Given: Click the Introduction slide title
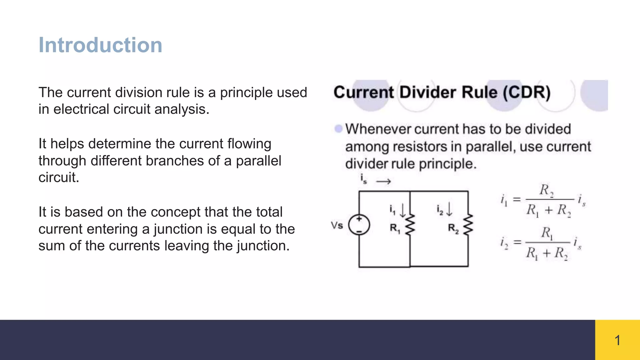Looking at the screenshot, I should [x=100, y=45].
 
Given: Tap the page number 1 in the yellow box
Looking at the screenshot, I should [x=617, y=340].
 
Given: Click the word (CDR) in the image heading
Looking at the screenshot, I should [x=527, y=92].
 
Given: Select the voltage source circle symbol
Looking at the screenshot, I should [x=359, y=225].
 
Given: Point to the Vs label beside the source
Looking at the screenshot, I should [x=337, y=225].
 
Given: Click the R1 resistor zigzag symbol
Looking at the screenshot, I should [x=410, y=224].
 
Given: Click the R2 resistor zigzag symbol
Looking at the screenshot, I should [x=468, y=224].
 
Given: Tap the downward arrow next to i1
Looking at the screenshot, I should [x=403, y=210].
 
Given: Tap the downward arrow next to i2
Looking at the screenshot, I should [x=449, y=209].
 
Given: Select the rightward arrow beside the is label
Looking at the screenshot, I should [x=383, y=182].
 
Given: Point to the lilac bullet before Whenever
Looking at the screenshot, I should [x=338, y=129].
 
